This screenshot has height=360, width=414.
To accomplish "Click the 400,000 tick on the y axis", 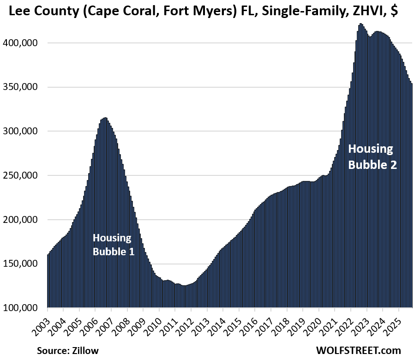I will pos(22,43).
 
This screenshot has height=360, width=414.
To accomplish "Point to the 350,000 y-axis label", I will pos(22,87).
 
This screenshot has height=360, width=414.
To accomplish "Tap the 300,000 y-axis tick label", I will pos(22,131).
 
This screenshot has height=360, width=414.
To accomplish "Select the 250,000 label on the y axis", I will pos(22,175).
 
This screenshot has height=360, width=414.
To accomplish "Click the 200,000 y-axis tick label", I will pos(22,220).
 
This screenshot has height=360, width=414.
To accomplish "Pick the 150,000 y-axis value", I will pos(22,264).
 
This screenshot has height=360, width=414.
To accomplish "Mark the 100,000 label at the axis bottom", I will pos(22,308).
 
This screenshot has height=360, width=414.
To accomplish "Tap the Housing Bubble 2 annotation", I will pos(372,156).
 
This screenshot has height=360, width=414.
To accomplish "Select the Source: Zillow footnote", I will pos(68,351).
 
